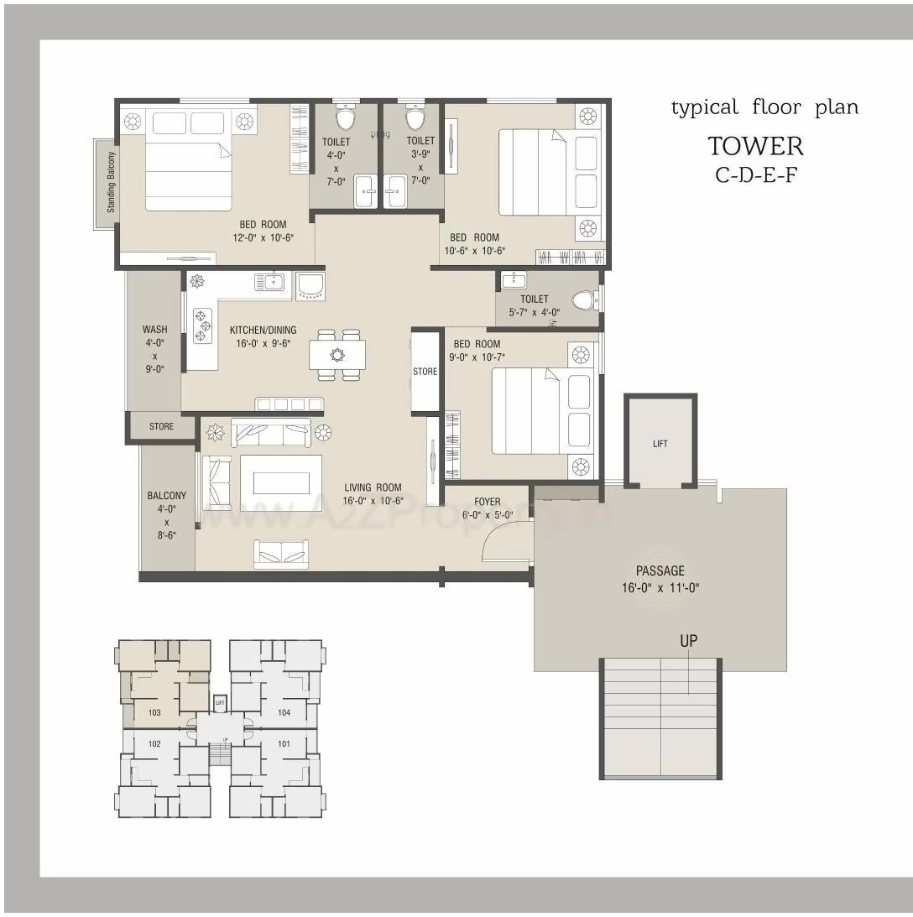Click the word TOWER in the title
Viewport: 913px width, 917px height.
755,146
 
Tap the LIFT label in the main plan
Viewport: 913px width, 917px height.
660,444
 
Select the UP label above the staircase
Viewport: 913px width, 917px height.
688,641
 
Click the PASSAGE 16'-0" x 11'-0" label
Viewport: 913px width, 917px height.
660,579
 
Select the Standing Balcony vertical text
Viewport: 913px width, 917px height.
111,181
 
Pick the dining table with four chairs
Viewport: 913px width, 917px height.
337,355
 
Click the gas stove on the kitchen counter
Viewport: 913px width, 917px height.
202,326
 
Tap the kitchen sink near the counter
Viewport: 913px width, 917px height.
269,282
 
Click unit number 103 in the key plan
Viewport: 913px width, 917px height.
154,712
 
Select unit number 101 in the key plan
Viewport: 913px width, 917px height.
284,743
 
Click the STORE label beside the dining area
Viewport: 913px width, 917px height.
425,371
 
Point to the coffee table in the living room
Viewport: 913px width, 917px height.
280,482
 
